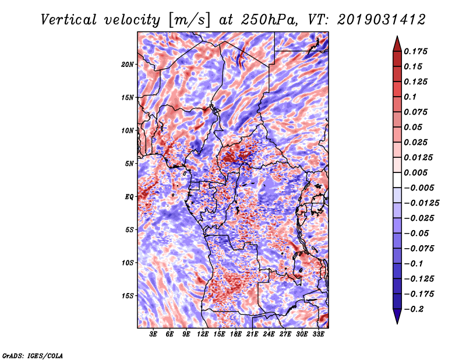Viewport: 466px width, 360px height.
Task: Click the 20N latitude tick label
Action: [x=127, y=65]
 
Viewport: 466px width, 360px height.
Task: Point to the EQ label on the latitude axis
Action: [x=129, y=197]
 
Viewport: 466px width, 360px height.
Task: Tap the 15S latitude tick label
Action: [x=128, y=296]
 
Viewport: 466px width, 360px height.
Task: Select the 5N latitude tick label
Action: [x=129, y=164]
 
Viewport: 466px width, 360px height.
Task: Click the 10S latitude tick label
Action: [x=128, y=263]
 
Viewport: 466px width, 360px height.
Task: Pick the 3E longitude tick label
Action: [x=153, y=334]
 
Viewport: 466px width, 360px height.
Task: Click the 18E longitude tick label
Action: [x=236, y=334]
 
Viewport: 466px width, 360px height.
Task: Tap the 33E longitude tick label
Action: [x=318, y=334]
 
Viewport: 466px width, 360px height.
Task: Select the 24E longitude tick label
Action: [x=269, y=334]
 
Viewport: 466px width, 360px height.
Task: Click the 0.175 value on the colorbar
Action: [x=415, y=51]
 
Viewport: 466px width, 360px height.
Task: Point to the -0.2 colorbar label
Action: [x=414, y=309]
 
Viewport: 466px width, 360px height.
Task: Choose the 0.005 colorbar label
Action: [x=415, y=172]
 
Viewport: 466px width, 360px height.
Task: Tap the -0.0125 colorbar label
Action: [x=421, y=203]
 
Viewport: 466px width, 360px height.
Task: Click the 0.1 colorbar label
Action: [x=410, y=97]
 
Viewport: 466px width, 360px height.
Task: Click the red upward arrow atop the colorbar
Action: [x=397, y=44]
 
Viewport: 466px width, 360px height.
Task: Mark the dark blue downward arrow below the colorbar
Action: [x=397, y=316]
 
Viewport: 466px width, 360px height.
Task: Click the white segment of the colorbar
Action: [x=397, y=180]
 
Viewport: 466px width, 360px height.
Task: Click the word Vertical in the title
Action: [x=69, y=20]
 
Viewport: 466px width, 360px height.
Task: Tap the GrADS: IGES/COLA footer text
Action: [x=33, y=355]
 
